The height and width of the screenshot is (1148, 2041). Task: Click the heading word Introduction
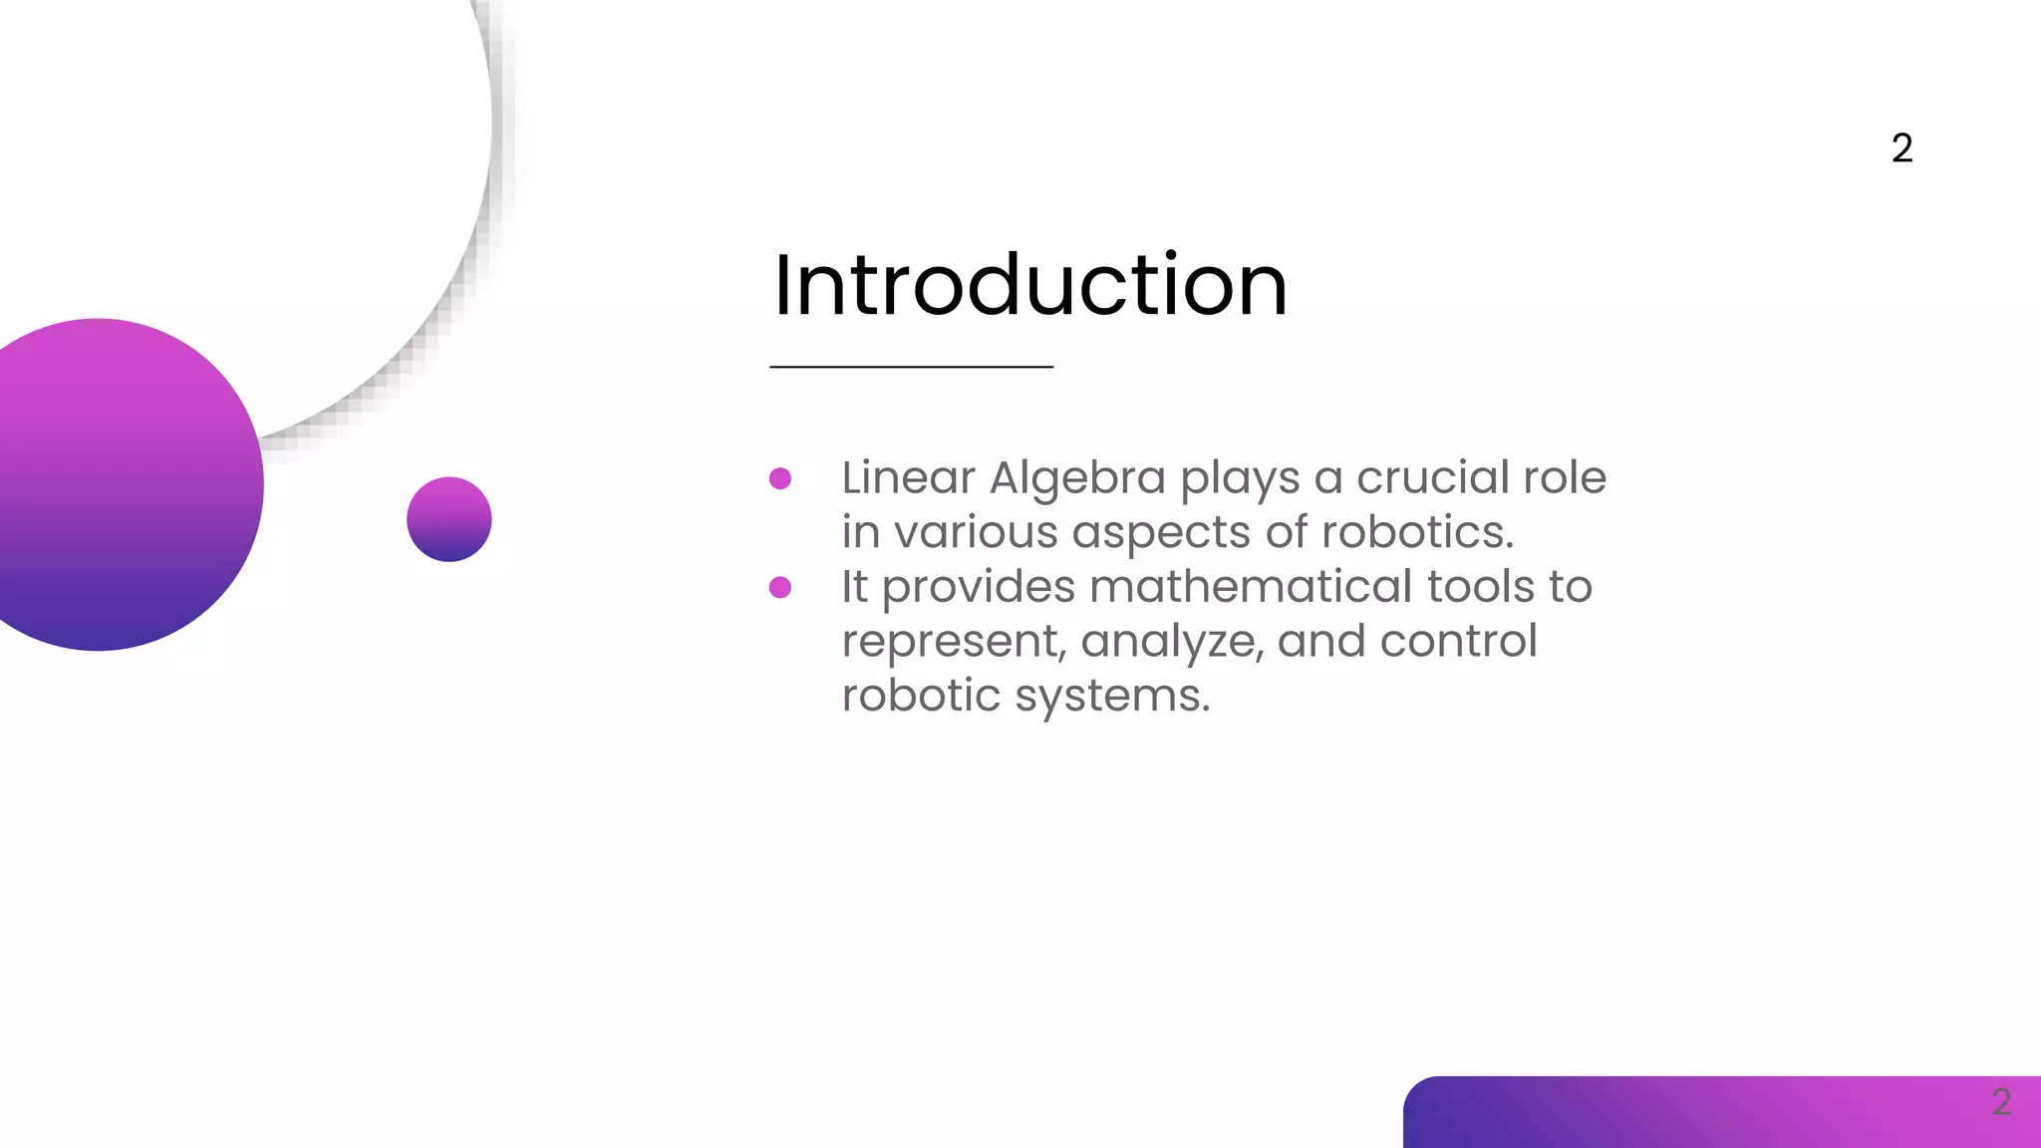click(x=1029, y=286)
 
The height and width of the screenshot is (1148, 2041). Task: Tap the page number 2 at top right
click(x=1901, y=148)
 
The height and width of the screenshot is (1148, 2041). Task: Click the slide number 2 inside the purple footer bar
click(x=2001, y=1102)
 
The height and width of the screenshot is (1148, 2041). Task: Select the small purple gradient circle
click(x=449, y=519)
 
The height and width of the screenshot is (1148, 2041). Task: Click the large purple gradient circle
click(x=110, y=485)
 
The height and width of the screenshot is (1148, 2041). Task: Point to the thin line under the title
click(x=911, y=367)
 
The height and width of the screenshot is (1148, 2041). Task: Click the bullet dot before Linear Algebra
click(x=780, y=479)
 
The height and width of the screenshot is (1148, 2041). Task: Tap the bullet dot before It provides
click(x=780, y=588)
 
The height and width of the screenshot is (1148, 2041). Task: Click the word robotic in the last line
click(x=920, y=696)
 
